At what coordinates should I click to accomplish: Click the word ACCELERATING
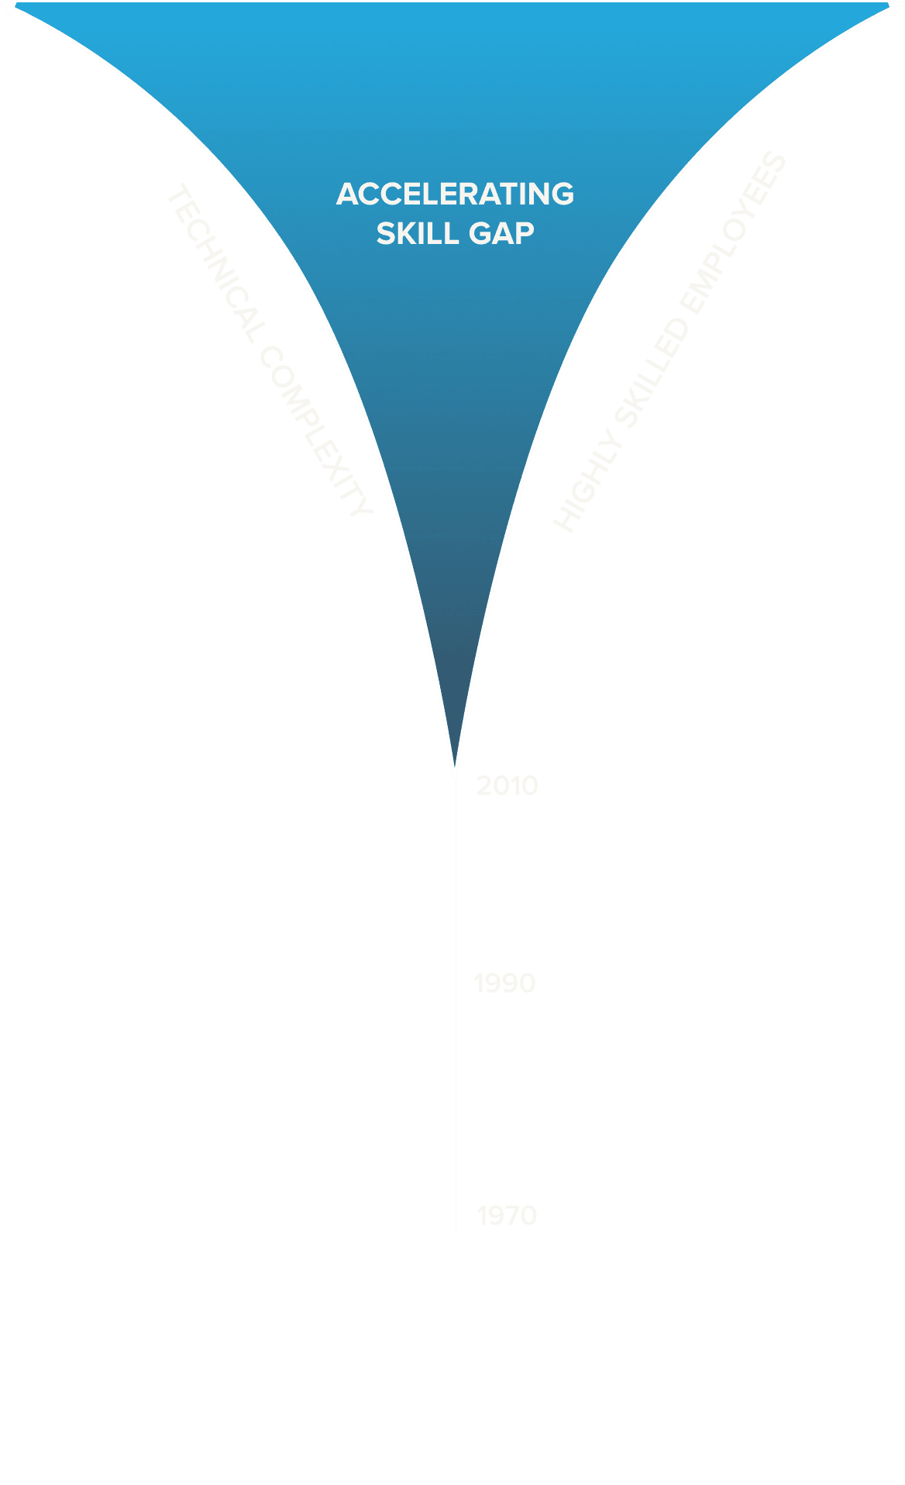[455, 194]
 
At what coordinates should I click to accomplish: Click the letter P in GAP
[524, 233]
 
